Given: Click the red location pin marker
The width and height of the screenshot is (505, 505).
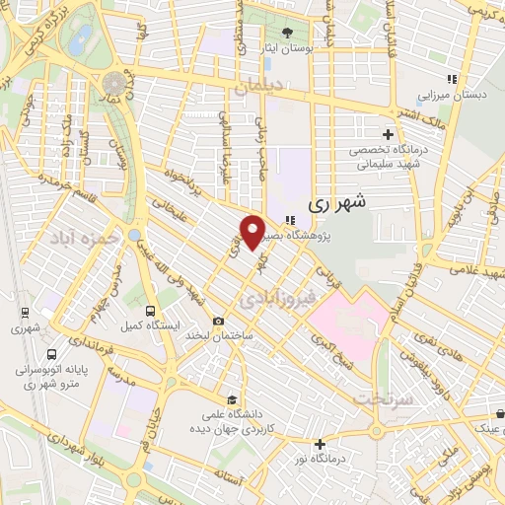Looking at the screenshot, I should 253,231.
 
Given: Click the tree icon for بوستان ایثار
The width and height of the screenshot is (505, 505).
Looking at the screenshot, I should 287,31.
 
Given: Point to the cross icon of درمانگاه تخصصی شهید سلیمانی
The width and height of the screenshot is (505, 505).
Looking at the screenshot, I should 388,134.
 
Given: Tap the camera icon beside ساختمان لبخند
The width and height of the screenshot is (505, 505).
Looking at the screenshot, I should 218,322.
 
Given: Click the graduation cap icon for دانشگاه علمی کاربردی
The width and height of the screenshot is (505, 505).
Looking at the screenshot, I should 231,400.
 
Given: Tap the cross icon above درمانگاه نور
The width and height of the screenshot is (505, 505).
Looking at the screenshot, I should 318,444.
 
